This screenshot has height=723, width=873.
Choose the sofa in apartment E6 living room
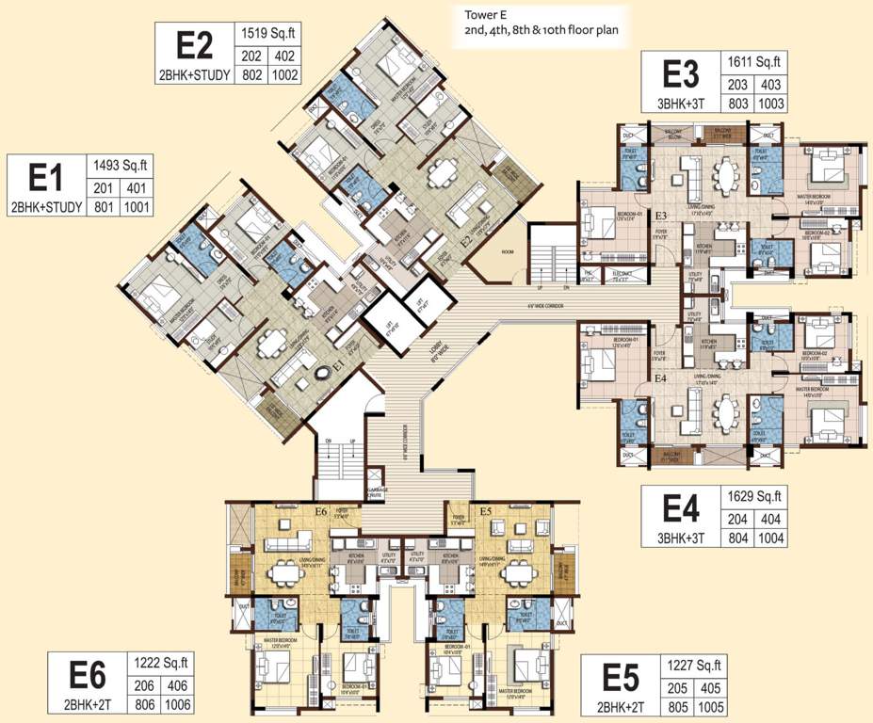click(x=289, y=542)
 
